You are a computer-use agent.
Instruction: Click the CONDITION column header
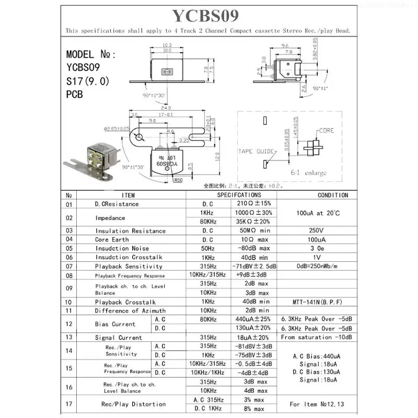tap(333, 195)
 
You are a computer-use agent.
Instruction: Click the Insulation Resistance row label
tap(130, 231)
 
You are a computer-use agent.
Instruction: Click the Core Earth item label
tap(112, 240)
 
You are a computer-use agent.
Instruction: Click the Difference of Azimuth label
tap(130, 311)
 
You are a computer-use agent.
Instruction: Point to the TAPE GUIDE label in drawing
tap(256, 152)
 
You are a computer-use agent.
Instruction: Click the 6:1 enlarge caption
tap(308, 173)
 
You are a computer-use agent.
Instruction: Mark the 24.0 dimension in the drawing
tap(166, 109)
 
